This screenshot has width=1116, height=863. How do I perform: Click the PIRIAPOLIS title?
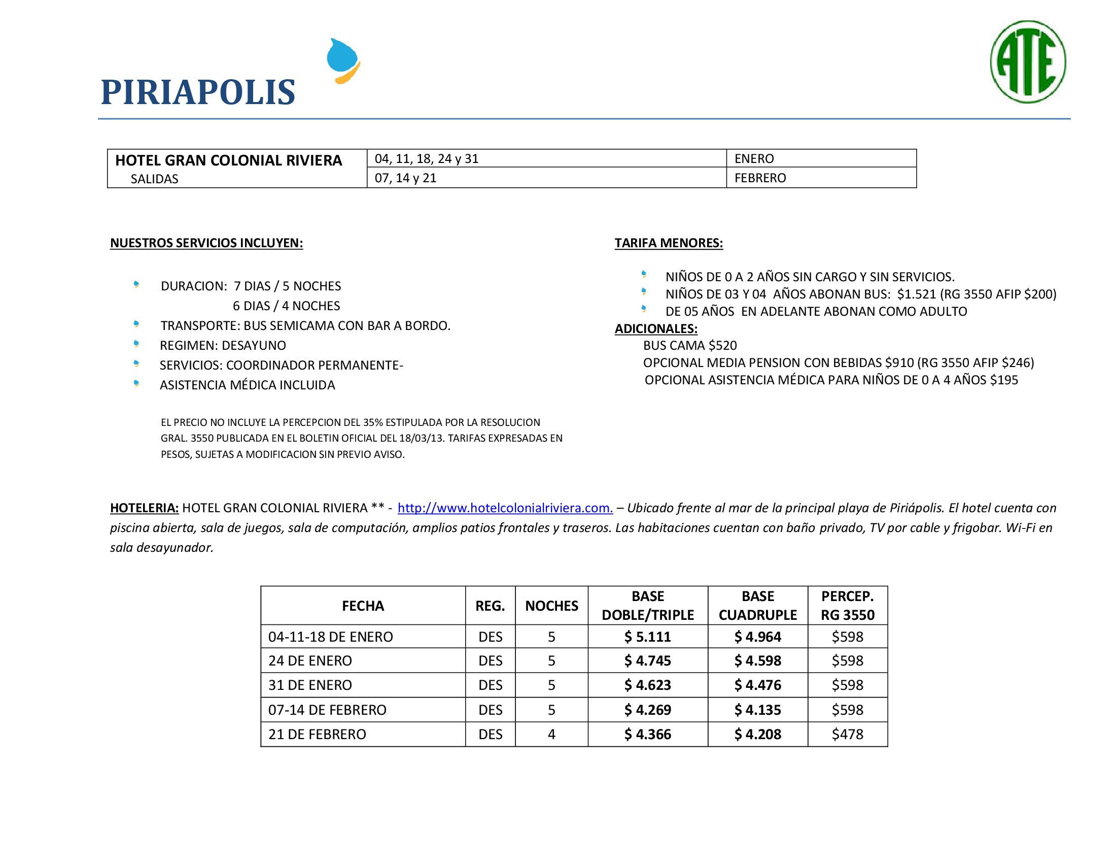coord(198,92)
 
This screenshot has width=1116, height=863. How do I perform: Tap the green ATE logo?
coord(1028,62)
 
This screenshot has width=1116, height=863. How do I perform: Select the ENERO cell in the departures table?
coord(754,158)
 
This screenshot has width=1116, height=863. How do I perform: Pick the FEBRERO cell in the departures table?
coord(760,178)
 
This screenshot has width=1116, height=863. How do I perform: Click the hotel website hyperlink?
coord(505,508)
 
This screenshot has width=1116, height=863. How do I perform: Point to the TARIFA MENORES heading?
coord(669,243)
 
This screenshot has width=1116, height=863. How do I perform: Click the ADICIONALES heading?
coord(655,329)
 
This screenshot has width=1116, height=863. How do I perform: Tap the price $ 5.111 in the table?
coord(647,637)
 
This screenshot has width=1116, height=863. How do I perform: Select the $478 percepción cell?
coord(847,734)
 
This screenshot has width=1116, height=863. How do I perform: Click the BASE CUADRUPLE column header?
coord(757,605)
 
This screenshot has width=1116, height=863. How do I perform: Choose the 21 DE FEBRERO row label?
coord(318,734)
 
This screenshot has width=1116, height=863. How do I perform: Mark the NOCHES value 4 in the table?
coord(551,734)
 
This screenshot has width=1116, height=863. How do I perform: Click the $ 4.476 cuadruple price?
coord(757,685)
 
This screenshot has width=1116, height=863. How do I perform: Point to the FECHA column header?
coord(363,606)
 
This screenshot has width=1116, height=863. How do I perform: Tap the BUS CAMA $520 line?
coord(690,346)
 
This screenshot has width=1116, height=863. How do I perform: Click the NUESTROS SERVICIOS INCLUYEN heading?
coord(206,243)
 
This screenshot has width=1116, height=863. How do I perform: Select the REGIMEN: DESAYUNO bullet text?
coord(223,346)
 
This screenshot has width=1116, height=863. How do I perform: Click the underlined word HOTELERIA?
coord(144,508)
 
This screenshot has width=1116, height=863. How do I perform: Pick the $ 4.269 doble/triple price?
coord(647,710)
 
